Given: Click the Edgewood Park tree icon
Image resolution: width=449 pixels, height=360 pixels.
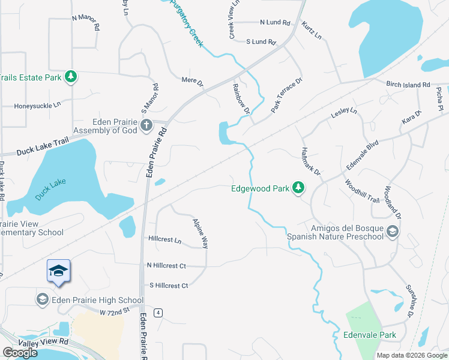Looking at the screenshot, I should click(298, 188).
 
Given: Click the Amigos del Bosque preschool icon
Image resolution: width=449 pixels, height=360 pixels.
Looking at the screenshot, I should click(392, 232).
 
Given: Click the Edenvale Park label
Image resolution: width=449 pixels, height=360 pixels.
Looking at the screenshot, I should click(370, 335).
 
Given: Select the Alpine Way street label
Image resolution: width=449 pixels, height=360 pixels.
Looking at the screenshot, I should click(200, 233).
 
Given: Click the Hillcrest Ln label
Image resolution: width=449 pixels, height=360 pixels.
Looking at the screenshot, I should click(164, 239).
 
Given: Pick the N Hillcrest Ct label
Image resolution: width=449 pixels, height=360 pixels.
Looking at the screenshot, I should click(166, 265).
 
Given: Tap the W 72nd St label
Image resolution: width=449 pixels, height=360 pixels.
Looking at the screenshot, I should click(115, 312).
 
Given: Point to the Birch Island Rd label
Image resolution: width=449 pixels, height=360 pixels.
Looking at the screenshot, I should click(408, 85).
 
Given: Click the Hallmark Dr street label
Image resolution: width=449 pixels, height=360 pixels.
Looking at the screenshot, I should click(312, 161).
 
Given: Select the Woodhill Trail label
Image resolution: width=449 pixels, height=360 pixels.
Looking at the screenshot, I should click(362, 191).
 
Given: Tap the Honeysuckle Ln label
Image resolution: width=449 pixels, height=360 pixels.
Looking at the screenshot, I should click(38, 105).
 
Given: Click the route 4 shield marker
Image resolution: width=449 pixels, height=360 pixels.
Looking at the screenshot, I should click(158, 313).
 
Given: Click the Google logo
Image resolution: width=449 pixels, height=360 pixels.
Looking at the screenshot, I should click(19, 353).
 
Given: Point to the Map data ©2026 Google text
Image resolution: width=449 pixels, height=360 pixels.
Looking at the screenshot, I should click(412, 355).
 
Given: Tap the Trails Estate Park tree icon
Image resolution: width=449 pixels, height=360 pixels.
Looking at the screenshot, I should click(71, 77).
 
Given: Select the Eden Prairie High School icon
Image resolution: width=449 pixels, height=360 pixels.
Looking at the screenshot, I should click(42, 299).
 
